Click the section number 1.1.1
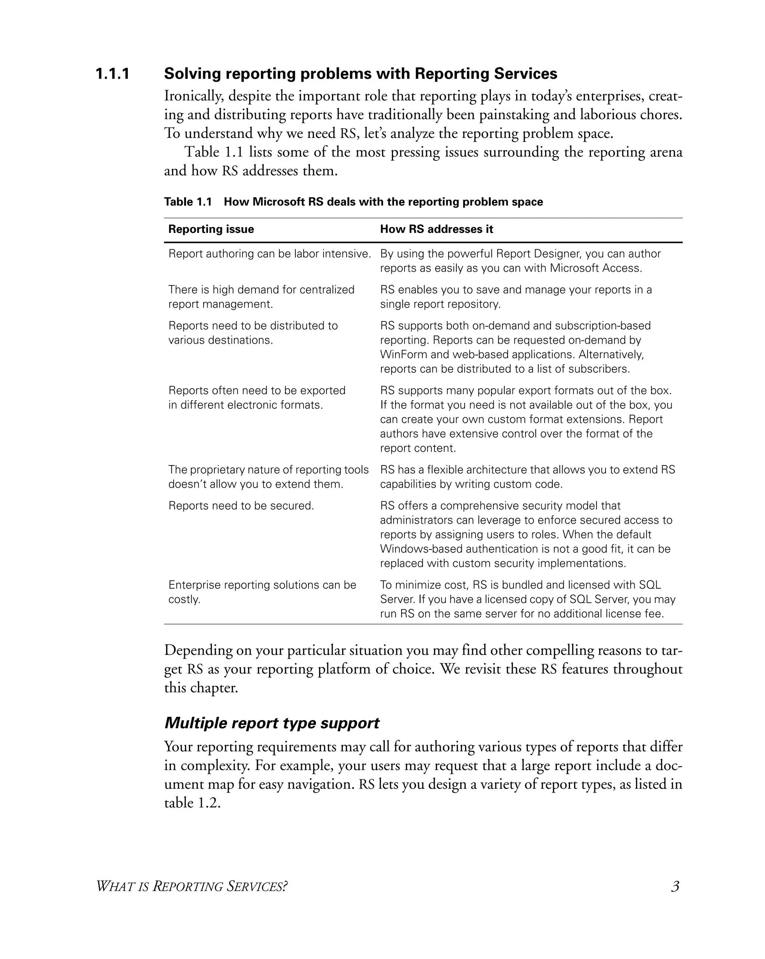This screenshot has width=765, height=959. pos(112,74)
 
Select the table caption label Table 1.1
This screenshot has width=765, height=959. pos(188,202)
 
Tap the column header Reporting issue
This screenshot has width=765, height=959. pos(211,229)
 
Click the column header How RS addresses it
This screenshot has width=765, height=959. pos(436,229)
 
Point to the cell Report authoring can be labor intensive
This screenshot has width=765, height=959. pos(269,254)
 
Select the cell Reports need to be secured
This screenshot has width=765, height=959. pos(241,506)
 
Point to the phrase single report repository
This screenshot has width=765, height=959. pos(440,304)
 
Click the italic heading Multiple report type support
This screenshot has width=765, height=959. pos(272,723)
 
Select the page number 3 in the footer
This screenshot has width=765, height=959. pos(675,887)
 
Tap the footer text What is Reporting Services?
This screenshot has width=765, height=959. pos(191,887)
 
